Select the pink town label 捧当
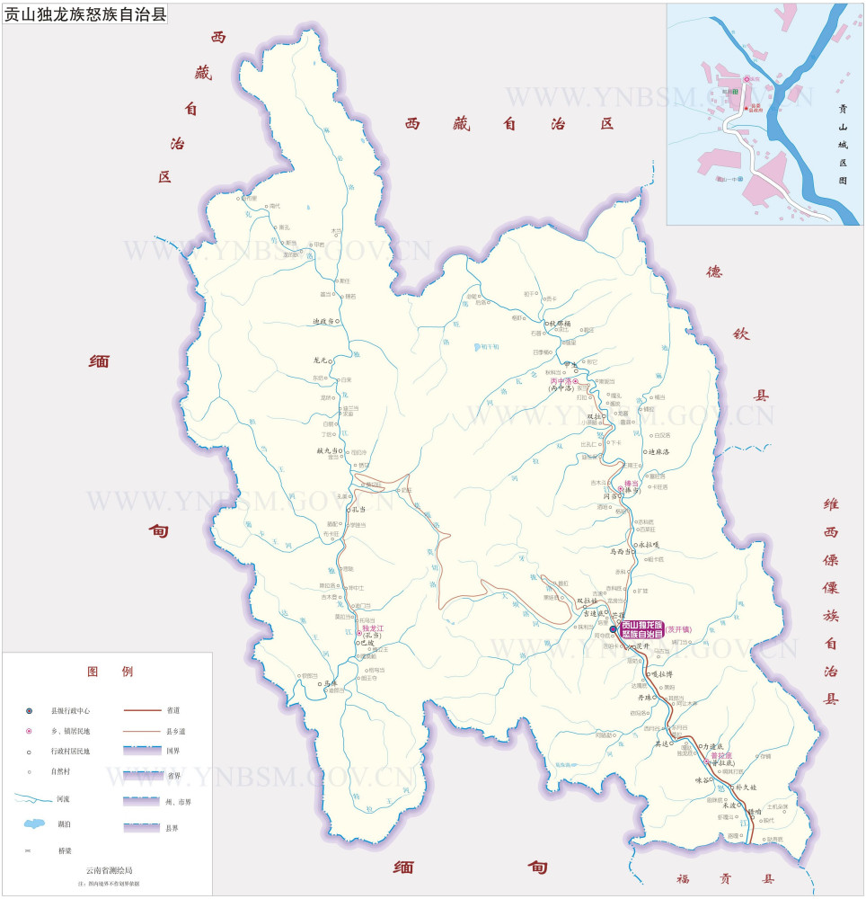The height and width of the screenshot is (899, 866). [x=632, y=483]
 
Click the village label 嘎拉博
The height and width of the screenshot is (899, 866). [x=661, y=674]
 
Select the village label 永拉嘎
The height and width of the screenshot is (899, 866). [x=651, y=545]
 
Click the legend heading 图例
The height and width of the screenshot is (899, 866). [x=110, y=672]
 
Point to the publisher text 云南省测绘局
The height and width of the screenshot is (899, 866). [x=109, y=870]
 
